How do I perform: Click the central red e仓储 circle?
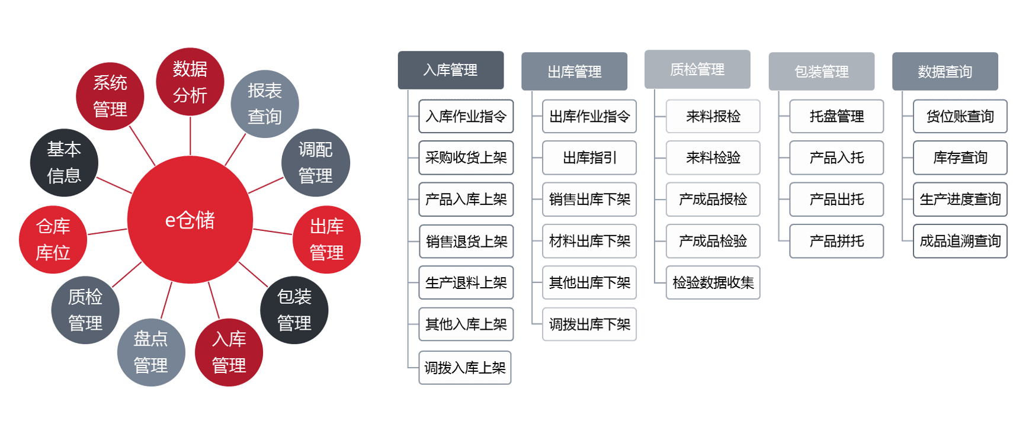[x=190, y=220]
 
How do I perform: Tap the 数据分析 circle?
[x=190, y=82]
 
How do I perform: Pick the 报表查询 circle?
[x=265, y=104]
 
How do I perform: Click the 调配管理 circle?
[x=316, y=163]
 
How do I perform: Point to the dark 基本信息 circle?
[x=64, y=162]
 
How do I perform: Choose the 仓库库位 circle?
[x=53, y=239]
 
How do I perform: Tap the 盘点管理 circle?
[x=151, y=352]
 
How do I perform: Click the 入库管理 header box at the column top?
[x=451, y=70]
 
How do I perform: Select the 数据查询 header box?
[x=945, y=72]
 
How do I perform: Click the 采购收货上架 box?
[x=466, y=157]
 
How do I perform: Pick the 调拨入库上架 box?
[x=465, y=368]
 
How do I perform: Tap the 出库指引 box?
[x=589, y=157]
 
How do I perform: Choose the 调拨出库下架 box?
[x=589, y=324]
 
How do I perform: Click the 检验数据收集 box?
[x=713, y=282]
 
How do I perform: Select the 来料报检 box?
[x=713, y=116]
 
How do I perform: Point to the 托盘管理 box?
[x=836, y=116]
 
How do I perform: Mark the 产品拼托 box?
[x=836, y=241]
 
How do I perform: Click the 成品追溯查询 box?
[x=960, y=241]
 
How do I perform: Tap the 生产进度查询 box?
[x=960, y=199]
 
